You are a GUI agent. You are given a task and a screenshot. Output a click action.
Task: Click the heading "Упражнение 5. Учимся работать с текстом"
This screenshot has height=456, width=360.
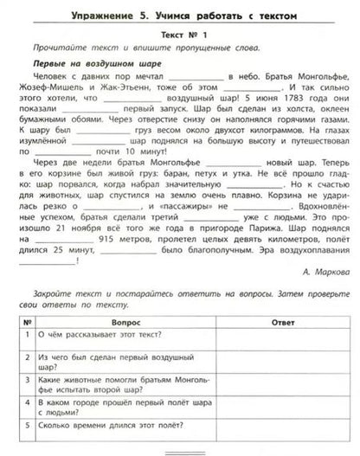pyautogui.click(x=179, y=11)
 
